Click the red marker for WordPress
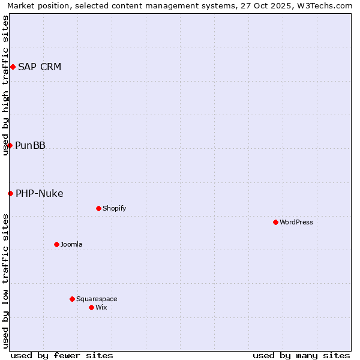(x=275, y=222)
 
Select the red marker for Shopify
(x=98, y=208)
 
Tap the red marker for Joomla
(x=56, y=244)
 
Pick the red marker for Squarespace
(x=72, y=299)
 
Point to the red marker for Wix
(x=91, y=307)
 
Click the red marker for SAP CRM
(x=13, y=67)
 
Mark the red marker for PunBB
(x=10, y=145)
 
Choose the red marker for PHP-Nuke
(x=10, y=193)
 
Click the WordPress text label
(x=296, y=222)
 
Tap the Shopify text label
(x=115, y=208)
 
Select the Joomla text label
(x=71, y=244)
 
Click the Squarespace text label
(x=97, y=299)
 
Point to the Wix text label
(x=101, y=307)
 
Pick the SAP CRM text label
(x=40, y=67)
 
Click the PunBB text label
(x=30, y=145)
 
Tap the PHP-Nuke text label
(x=40, y=193)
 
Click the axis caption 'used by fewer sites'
(x=62, y=355)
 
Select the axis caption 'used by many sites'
(x=301, y=355)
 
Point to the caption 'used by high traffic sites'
(x=5, y=85)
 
